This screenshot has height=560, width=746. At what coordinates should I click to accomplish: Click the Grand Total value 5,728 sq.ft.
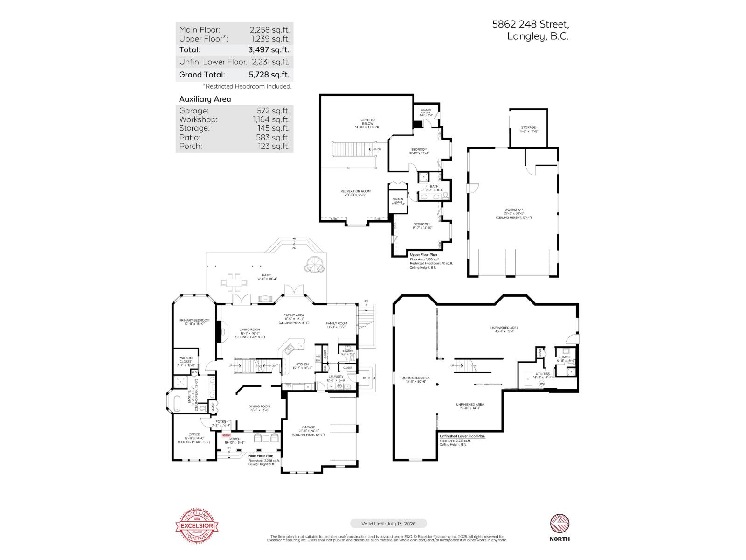point(269,74)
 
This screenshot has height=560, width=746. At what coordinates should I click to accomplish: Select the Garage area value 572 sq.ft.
point(273,111)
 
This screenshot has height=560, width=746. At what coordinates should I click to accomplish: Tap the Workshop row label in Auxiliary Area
point(198,119)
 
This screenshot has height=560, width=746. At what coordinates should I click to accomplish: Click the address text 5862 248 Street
point(531,24)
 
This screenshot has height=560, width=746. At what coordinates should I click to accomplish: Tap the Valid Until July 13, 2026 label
point(388,524)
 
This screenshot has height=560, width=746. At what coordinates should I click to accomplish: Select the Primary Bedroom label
point(194,320)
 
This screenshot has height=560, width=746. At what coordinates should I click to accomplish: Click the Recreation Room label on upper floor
point(355,191)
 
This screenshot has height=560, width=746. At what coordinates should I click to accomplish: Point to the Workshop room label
point(513,210)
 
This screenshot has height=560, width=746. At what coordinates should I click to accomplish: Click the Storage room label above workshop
point(528,127)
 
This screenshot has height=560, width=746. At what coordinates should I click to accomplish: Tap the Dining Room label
point(259,406)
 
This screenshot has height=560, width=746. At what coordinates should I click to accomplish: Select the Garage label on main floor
point(308,427)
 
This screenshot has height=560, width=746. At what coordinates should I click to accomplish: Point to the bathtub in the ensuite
point(177,403)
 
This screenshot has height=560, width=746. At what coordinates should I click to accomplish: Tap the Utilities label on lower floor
point(542,374)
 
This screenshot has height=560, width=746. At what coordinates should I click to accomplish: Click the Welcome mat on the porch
point(226,435)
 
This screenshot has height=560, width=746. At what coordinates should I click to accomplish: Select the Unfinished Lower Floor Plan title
point(462,436)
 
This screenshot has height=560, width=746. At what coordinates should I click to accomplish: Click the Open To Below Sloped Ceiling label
point(367,123)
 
